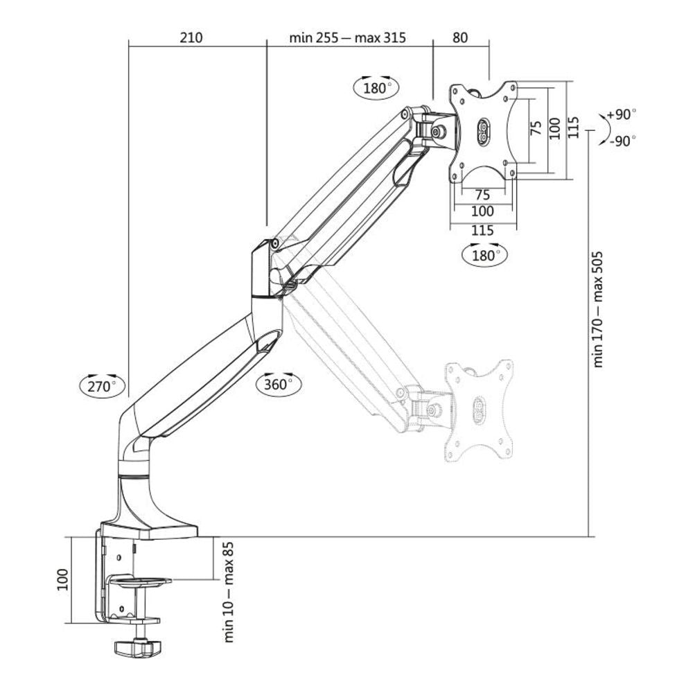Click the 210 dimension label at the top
pos(191,37)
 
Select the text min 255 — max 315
pos(347,37)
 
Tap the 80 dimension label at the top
pos(459,37)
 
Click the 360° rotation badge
pos(279,383)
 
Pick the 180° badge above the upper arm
pos(377,87)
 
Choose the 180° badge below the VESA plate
pos(485,254)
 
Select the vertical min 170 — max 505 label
pos(599,308)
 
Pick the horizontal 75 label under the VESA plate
pos(484,195)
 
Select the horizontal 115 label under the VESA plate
pos(482,229)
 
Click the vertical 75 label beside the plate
pos(535,129)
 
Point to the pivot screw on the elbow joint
pos(275,243)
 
